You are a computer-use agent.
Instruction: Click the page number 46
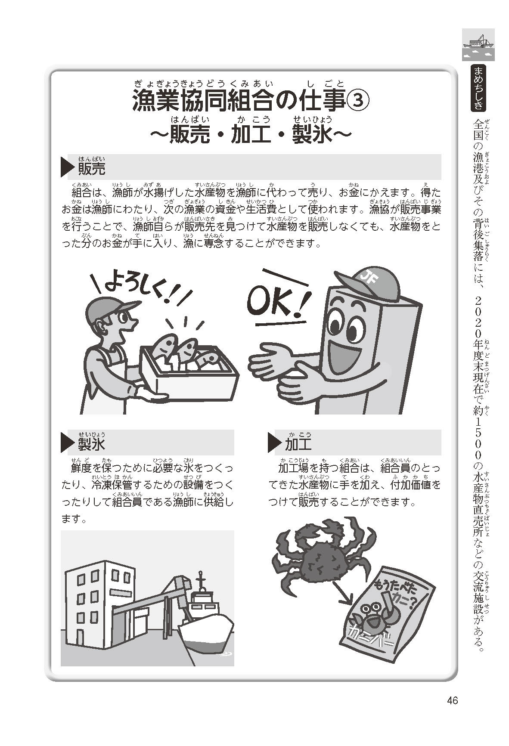[x=451, y=701]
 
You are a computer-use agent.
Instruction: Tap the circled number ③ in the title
[x=357, y=102]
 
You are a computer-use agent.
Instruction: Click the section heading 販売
[x=91, y=169]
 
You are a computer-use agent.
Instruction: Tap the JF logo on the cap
[x=368, y=274]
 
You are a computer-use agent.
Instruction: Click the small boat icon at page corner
[x=478, y=44]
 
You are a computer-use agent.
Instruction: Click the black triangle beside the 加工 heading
[x=274, y=444]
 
